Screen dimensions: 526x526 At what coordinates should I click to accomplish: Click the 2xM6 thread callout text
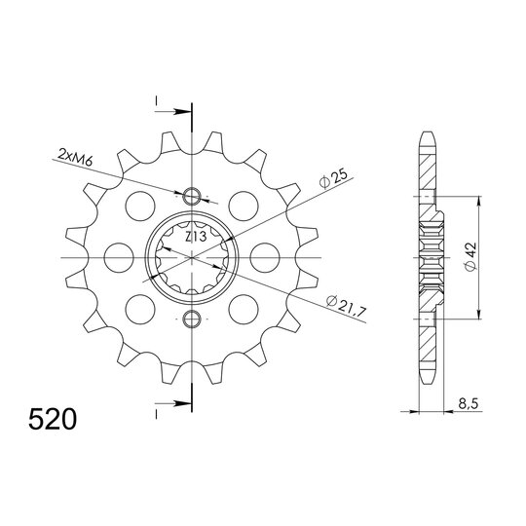point(77,155)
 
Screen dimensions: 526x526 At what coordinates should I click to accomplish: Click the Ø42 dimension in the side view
point(470,255)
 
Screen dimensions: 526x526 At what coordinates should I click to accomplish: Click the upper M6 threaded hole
point(193,192)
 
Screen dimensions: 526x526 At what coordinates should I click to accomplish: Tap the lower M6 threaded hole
point(193,320)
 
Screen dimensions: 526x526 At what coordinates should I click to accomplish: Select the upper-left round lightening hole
point(138,207)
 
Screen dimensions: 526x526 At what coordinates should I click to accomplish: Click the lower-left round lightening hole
point(138,307)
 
